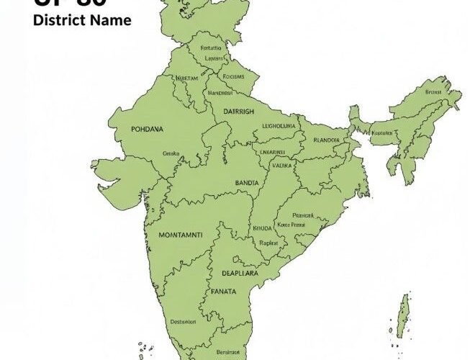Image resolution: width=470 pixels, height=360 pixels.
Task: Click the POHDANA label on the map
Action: [x=148, y=129]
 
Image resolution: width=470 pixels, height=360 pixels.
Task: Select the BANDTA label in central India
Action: [x=247, y=184]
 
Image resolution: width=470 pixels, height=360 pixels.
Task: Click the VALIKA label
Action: [x=283, y=165]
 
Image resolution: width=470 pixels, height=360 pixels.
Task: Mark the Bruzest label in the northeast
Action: [x=433, y=92]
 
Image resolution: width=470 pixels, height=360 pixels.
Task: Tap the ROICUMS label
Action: [x=234, y=76]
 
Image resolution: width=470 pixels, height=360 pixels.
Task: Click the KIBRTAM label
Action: [x=188, y=77]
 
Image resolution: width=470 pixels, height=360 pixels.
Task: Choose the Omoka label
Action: [x=171, y=153]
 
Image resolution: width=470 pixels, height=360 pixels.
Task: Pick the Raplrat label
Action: [x=268, y=243]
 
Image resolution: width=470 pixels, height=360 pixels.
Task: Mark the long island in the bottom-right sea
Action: [x=403, y=317]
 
